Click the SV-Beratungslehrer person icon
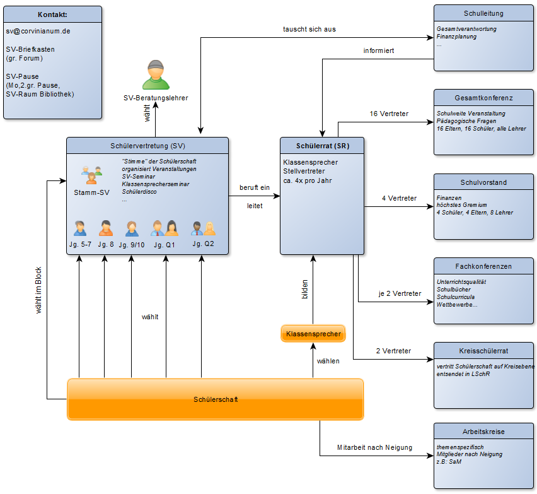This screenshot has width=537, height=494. (156, 74)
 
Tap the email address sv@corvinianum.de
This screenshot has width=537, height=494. (38, 31)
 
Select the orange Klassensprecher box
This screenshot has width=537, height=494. (313, 334)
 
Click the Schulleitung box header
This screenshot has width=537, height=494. (483, 13)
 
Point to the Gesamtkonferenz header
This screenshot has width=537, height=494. (483, 98)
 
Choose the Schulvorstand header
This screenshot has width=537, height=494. (483, 182)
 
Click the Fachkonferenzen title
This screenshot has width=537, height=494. (483, 266)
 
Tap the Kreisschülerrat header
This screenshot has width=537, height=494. (483, 351)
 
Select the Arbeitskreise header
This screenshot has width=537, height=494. (483, 432)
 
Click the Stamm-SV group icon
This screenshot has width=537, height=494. (92, 175)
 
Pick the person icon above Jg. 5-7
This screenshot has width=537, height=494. (80, 228)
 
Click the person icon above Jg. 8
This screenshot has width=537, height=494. (106, 228)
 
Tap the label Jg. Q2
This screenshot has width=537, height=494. (203, 244)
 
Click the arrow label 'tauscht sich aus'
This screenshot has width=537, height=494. (309, 29)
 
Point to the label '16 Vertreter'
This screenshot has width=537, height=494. (389, 114)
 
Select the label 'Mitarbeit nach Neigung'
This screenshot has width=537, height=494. (374, 447)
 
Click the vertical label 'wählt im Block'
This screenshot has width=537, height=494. (38, 290)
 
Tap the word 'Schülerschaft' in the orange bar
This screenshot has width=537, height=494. (216, 399)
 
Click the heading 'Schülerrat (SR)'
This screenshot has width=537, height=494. (323, 146)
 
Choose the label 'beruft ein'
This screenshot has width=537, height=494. (255, 187)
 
